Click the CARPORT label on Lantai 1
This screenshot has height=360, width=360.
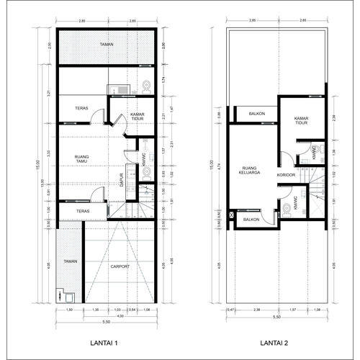pos(120,266)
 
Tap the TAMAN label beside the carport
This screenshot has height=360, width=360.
pos(70,261)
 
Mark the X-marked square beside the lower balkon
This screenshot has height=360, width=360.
pos(231,215)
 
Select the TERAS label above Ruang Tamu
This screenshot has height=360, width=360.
pos(81,109)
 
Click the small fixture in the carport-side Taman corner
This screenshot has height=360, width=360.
pos(60,296)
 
